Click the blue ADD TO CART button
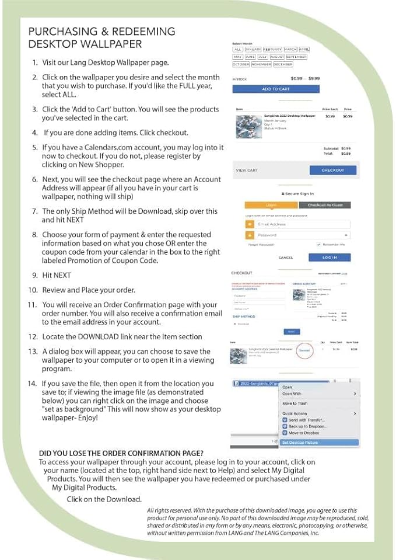tap(275, 89)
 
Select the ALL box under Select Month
tap(237, 50)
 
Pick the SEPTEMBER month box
tap(296, 57)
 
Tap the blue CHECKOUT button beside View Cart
tap(332, 170)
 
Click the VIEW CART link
tap(247, 171)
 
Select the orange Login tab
tap(271, 205)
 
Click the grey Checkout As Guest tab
tap(325, 205)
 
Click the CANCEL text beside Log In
tap(285, 258)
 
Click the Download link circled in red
tap(304, 350)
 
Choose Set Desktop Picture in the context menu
tap(300, 443)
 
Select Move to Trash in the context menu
tap(295, 404)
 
